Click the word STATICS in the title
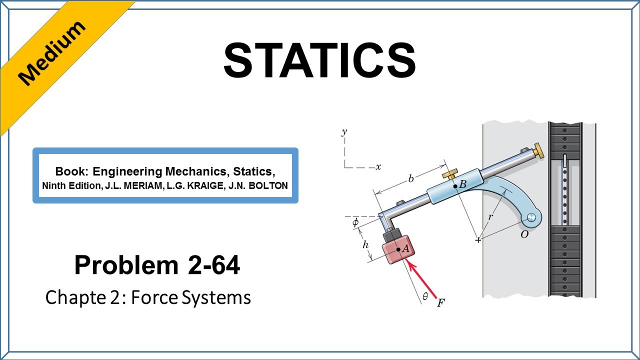point(319,60)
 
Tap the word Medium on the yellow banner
point(51,53)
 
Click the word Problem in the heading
point(126,265)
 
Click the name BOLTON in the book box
point(268,185)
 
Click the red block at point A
point(398,249)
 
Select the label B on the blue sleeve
point(462,184)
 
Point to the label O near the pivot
point(524,234)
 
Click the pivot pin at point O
point(531,217)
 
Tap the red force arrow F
point(421,278)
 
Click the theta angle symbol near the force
point(425,297)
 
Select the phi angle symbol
point(355,222)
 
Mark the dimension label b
point(411,178)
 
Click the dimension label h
point(365,244)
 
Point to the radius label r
point(490,217)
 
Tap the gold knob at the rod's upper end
point(538,151)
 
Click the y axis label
point(344,132)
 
